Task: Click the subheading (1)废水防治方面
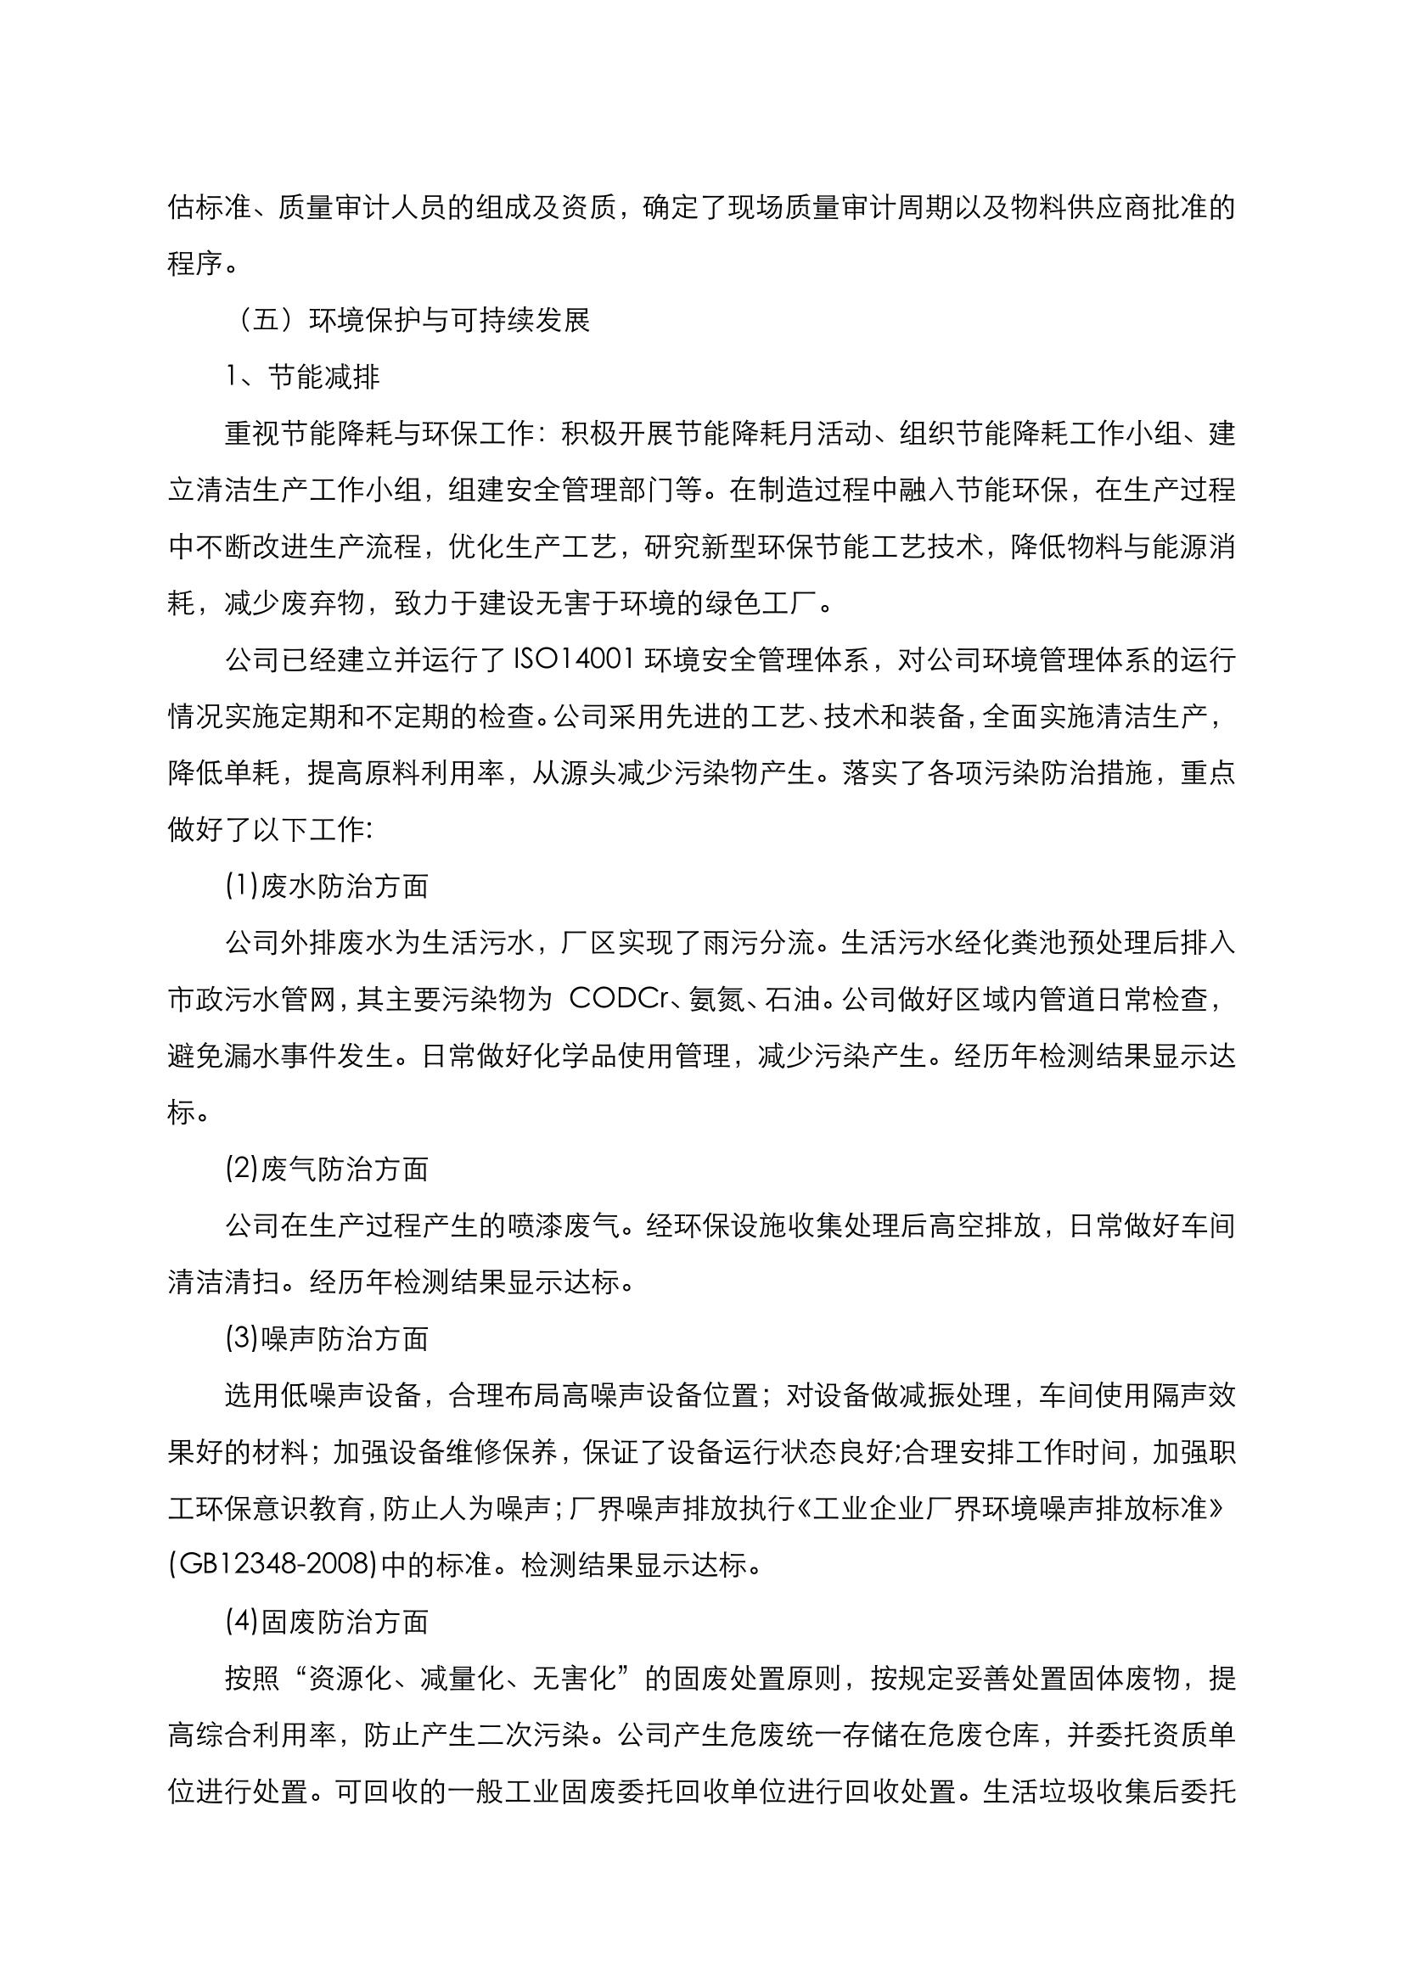tap(327, 887)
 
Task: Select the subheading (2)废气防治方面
tap(327, 1169)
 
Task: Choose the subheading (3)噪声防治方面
tap(327, 1339)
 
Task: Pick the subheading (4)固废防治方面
tap(327, 1622)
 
